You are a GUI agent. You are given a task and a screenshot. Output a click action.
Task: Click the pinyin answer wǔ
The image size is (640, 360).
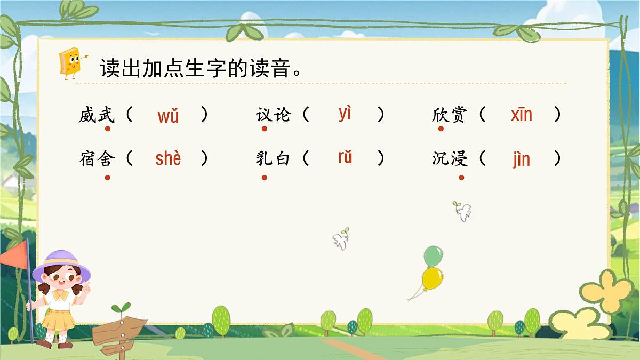click(168, 116)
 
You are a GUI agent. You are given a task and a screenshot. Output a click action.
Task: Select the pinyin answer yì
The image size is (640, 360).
click(345, 114)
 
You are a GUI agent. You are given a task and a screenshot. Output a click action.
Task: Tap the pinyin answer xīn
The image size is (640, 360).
click(521, 115)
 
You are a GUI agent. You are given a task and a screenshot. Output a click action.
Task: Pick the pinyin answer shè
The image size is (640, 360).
click(168, 158)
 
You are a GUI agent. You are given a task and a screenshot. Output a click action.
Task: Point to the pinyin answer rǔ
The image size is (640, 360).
click(345, 158)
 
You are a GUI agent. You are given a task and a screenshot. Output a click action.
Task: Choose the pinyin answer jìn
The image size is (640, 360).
click(521, 159)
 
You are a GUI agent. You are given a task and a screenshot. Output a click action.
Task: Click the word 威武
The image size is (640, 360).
click(97, 115)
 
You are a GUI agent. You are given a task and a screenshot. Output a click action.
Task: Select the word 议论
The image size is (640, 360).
click(273, 115)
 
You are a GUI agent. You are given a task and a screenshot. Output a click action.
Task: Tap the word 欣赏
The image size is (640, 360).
click(450, 115)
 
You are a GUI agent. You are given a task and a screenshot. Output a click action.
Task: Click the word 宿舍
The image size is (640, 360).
click(97, 159)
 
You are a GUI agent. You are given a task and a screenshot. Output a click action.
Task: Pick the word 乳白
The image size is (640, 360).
click(273, 159)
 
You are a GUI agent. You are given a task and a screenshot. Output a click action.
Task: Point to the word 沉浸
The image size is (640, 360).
click(450, 159)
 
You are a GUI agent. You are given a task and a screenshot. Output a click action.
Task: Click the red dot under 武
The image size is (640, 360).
click(107, 129)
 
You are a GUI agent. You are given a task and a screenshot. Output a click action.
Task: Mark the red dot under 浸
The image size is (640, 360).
click(461, 177)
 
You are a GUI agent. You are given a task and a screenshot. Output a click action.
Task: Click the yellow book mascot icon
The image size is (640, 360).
click(70, 62)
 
